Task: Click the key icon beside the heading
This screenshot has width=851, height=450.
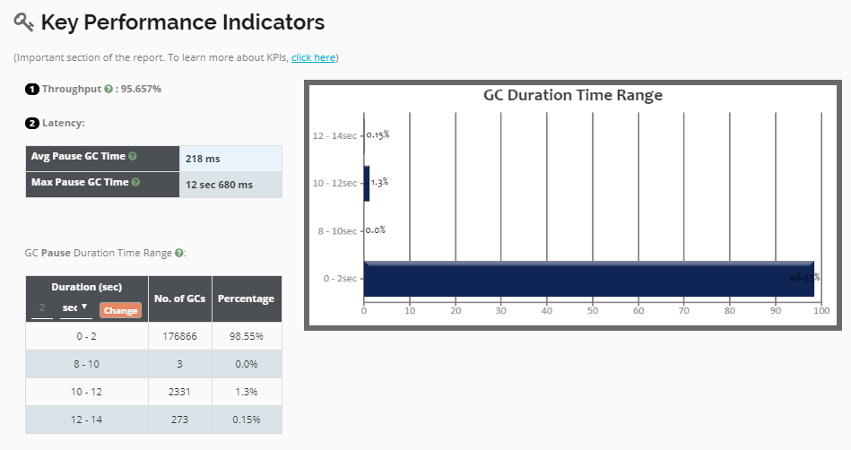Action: click(24, 22)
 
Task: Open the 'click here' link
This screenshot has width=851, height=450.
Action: click(313, 57)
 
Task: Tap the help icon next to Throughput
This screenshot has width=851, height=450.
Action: click(109, 89)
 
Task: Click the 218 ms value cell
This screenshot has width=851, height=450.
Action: click(230, 159)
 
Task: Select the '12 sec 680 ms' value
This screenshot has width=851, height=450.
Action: click(230, 185)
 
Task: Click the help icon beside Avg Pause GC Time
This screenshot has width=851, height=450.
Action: click(133, 156)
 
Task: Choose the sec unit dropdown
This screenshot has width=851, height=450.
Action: click(74, 307)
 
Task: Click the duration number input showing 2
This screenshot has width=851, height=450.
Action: click(41, 308)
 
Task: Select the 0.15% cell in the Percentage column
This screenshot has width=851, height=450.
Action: click(246, 420)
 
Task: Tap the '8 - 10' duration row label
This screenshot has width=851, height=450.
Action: click(86, 364)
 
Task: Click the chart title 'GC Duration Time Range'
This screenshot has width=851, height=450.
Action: click(572, 95)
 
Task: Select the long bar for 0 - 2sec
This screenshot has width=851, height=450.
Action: click(588, 280)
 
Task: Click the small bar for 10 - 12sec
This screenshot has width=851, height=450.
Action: click(367, 183)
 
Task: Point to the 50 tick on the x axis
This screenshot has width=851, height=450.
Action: click(592, 312)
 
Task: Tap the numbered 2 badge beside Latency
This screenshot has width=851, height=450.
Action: click(32, 123)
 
